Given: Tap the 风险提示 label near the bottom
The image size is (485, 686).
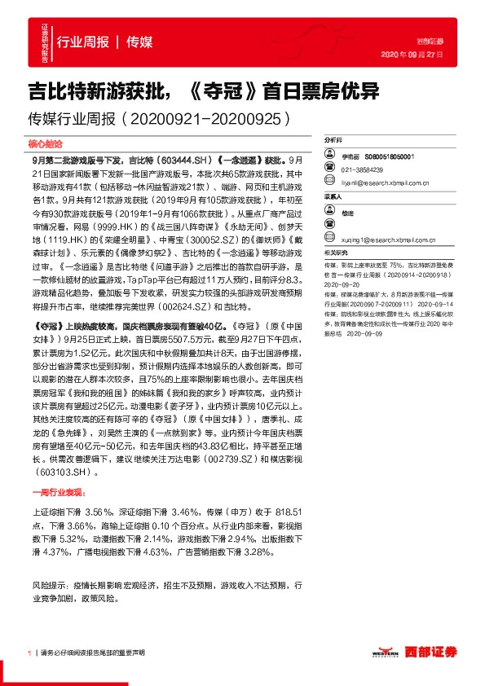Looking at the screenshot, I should (x=46, y=585).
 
